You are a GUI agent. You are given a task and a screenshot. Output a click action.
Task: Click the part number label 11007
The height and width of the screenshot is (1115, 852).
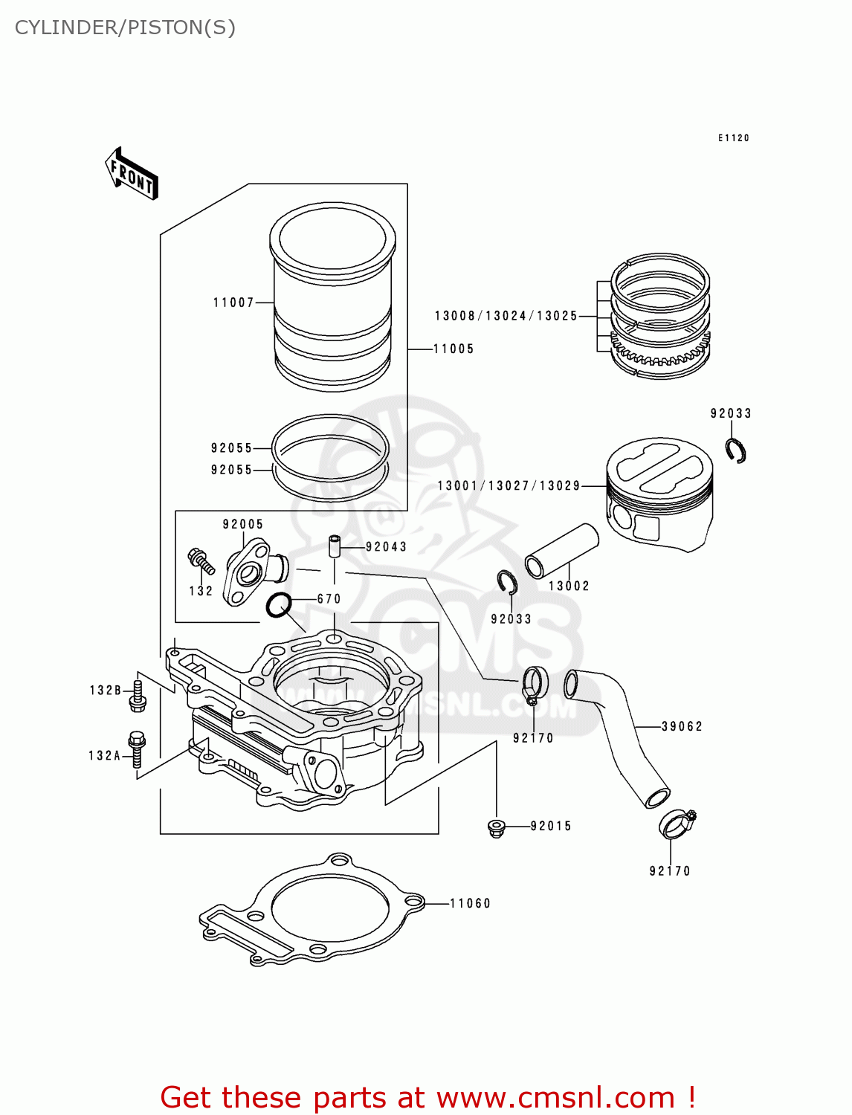tap(233, 303)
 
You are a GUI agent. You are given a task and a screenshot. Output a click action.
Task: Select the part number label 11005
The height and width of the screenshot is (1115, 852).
tap(454, 349)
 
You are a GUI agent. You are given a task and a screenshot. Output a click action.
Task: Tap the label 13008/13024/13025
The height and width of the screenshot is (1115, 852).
tap(506, 316)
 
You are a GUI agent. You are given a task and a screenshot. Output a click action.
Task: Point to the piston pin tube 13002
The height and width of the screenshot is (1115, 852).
tap(561, 551)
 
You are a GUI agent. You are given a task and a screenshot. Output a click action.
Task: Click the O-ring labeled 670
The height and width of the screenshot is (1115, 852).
tap(278, 606)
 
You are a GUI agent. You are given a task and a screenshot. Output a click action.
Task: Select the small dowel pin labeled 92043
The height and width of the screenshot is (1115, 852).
tap(335, 546)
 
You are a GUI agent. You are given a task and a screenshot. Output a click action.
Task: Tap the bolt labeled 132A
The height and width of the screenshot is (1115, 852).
tap(137, 749)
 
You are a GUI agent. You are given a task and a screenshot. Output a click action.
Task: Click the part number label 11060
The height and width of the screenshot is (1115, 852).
tap(470, 903)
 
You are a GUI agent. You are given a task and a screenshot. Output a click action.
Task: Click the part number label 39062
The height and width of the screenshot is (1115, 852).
tap(682, 726)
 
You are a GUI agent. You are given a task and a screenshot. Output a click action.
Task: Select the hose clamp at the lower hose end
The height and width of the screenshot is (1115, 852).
tap(677, 822)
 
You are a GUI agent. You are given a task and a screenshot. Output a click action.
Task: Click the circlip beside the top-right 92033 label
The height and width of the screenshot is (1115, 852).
tap(736, 451)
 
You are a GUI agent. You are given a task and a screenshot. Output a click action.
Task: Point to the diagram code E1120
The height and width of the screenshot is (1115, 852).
tap(733, 138)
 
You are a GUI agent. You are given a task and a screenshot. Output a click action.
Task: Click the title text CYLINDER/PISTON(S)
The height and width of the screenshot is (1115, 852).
tap(125, 28)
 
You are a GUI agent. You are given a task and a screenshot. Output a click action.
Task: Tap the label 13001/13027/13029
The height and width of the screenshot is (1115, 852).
tap(509, 485)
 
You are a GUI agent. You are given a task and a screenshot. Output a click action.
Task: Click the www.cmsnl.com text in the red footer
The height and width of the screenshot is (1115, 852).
tap(554, 1097)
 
